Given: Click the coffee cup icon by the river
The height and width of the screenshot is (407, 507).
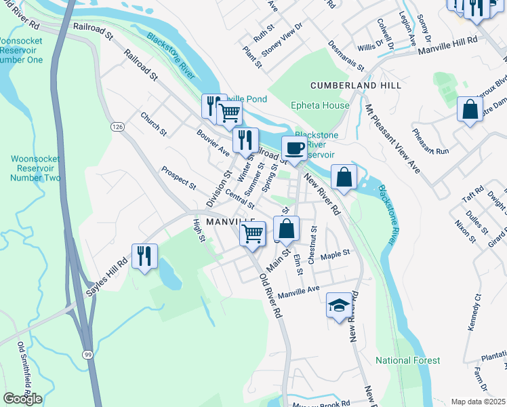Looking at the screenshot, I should point(293,147).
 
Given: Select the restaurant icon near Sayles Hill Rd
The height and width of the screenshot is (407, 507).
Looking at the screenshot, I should point(144,256).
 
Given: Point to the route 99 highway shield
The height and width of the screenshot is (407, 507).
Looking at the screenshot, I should point(88,355).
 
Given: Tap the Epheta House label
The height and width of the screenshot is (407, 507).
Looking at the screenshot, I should point(320,105).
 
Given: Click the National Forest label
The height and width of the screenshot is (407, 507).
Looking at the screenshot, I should point(407,360).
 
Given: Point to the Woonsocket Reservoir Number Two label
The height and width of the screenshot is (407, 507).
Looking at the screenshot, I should point(35,168).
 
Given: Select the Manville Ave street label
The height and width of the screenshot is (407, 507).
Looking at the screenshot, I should point(298,291).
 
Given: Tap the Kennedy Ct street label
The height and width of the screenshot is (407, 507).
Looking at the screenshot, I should point(473,313).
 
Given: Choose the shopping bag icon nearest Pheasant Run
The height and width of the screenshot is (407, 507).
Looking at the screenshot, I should point(470,109).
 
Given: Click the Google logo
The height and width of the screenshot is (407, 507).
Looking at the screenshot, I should point(22,399).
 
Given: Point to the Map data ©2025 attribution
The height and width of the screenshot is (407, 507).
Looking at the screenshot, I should point(477,402).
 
